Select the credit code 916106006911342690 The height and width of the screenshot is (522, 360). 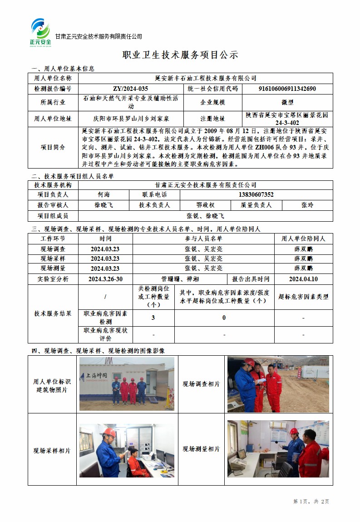(x=287, y=89)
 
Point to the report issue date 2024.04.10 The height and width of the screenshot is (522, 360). (x=303, y=279)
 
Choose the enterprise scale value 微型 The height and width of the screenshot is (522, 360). (x=287, y=103)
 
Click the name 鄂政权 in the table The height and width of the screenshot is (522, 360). (x=205, y=205)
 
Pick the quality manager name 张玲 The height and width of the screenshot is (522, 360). (x=307, y=205)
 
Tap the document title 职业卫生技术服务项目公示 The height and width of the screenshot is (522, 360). (x=180, y=55)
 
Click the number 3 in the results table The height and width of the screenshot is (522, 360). (x=153, y=318)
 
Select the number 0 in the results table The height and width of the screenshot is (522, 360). (x=224, y=318)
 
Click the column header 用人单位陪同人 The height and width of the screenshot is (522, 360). (x=303, y=239)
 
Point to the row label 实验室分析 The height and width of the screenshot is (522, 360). (x=53, y=279)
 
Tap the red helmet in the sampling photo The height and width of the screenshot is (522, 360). (x=109, y=432)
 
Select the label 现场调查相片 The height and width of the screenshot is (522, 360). (x=201, y=384)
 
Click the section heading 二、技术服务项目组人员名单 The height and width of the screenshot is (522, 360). (x=73, y=176)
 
